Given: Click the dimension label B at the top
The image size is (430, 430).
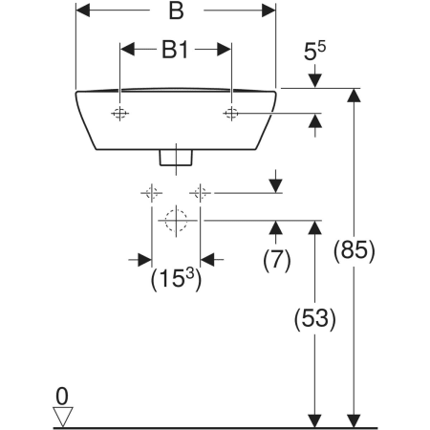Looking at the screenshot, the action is click(x=176, y=11).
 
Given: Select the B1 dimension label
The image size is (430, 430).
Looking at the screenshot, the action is click(x=175, y=50).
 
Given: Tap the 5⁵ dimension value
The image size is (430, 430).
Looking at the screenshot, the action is click(x=314, y=51).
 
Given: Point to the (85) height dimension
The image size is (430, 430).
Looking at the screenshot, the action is click(x=354, y=251).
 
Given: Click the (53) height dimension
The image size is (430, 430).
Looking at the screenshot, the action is click(x=314, y=318).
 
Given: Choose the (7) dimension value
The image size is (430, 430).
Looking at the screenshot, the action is click(x=277, y=261).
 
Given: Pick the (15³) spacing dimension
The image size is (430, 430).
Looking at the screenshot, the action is click(x=176, y=279).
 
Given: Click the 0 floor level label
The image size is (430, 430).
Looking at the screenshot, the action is click(x=62, y=397).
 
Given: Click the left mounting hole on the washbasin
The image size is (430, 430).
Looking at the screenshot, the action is click(x=119, y=113).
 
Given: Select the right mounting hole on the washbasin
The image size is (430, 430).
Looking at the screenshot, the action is click(x=231, y=113).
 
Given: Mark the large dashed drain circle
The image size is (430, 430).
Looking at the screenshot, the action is click(x=176, y=221).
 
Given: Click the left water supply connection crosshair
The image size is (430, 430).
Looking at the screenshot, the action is click(x=152, y=193).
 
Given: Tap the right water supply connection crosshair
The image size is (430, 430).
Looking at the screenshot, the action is click(x=200, y=193).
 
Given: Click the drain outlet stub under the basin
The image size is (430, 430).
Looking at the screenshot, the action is click(x=176, y=158).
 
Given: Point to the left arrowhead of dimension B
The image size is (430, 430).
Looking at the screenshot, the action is click(x=83, y=11).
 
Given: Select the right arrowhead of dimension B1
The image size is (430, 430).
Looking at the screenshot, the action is click(x=225, y=50).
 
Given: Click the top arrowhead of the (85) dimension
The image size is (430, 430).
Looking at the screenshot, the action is click(x=354, y=96).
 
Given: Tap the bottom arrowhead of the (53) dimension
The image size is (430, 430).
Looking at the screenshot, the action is click(x=314, y=420).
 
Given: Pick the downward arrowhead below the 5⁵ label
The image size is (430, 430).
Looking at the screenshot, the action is click(x=314, y=80).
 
